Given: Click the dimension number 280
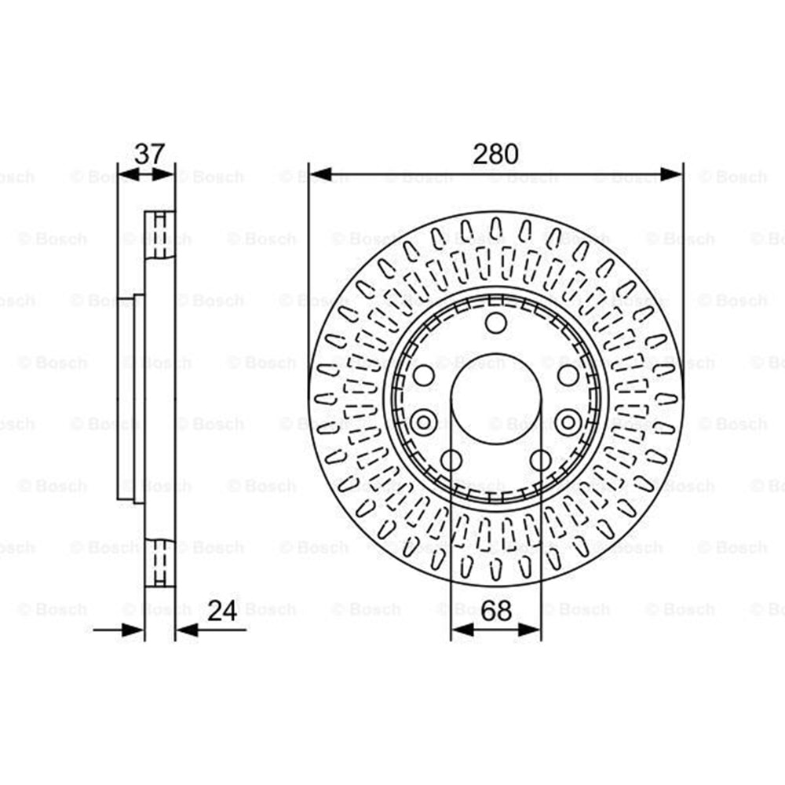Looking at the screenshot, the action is pos(495,154).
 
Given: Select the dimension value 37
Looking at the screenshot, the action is pos(149,154).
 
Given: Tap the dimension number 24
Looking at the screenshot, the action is pos(222,610).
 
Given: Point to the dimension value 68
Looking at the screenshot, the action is pos(496,610).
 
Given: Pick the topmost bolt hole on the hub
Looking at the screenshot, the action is pos(496,323).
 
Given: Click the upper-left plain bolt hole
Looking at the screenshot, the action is pos(424,375).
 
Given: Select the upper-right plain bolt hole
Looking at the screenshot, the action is pos(568,375).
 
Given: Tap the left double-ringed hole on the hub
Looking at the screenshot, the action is pos(424,422).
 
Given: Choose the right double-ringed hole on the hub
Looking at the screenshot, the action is pos(568,422).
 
